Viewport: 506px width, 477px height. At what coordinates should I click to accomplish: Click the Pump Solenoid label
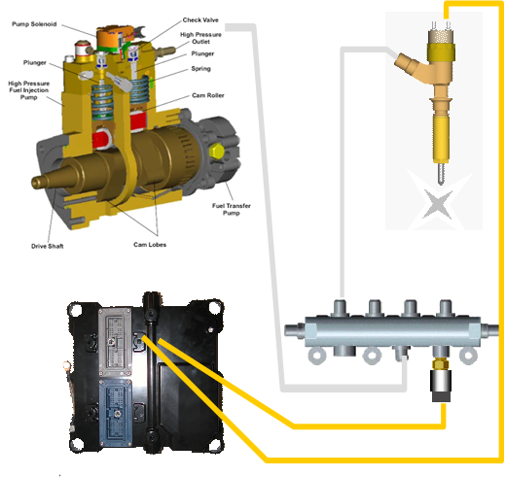point(34,24)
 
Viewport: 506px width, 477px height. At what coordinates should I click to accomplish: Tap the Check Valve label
point(200,20)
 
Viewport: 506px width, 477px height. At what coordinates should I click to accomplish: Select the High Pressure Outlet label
point(200,38)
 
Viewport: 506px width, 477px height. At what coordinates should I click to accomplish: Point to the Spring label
point(200,69)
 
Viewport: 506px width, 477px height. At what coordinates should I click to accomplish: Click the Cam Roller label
point(208,95)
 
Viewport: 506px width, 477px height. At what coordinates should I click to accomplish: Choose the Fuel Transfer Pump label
point(232,209)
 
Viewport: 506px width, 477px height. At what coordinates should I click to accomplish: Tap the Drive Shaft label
point(48,246)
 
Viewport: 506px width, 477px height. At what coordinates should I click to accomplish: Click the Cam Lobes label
point(150,245)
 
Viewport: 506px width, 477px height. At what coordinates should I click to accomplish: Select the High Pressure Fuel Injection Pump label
point(29,90)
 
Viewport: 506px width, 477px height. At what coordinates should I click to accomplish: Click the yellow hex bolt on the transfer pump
point(216,152)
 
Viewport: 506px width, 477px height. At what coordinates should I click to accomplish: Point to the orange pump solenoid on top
point(114,38)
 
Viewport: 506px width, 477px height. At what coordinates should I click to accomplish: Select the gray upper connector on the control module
point(116,342)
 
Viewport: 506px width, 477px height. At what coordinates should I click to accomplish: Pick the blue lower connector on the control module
point(116,412)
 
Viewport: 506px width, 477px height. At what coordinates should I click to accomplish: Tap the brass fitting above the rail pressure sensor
point(441,363)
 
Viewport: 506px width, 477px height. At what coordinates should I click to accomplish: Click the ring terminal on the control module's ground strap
point(67,366)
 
